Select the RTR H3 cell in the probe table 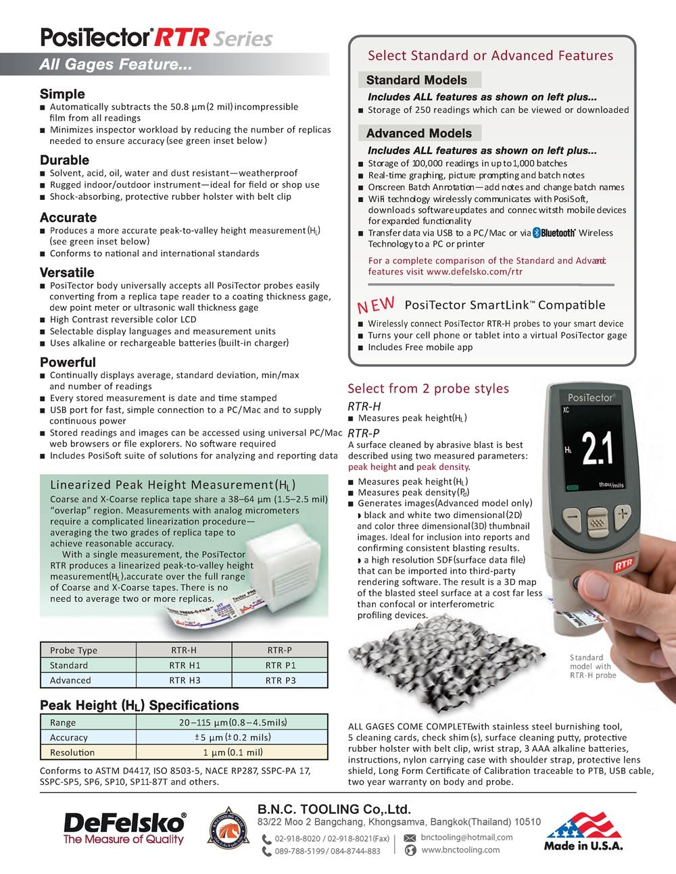[x=185, y=680]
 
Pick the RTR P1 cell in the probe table [x=281, y=665]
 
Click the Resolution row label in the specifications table [x=72, y=752]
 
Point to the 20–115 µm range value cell [x=233, y=723]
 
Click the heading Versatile [x=67, y=273]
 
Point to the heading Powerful [x=68, y=362]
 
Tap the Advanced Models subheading [x=418, y=133]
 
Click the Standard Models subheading [x=416, y=80]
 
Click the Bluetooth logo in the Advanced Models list [x=554, y=233]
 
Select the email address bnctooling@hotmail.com [x=466, y=837]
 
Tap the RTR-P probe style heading [x=364, y=433]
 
